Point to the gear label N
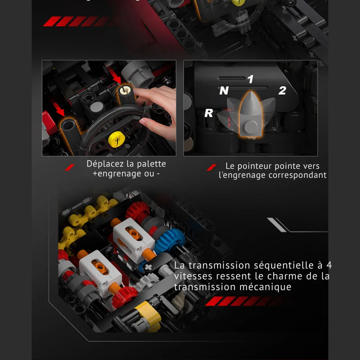point(224,91)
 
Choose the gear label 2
point(282,91)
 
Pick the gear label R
point(209,113)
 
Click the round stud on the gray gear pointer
point(251,126)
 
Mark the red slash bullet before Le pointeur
point(212,167)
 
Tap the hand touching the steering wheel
point(158,108)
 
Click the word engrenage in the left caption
point(114,174)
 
